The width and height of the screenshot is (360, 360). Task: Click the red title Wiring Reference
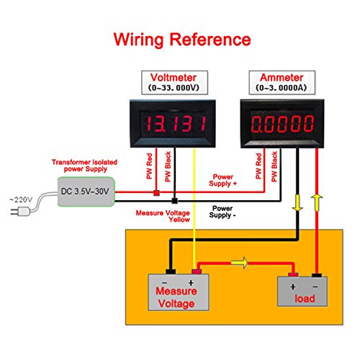[x=179, y=38]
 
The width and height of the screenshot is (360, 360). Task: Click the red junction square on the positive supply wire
[x=156, y=193]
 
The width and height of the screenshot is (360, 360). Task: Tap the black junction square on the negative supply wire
[x=174, y=201]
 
